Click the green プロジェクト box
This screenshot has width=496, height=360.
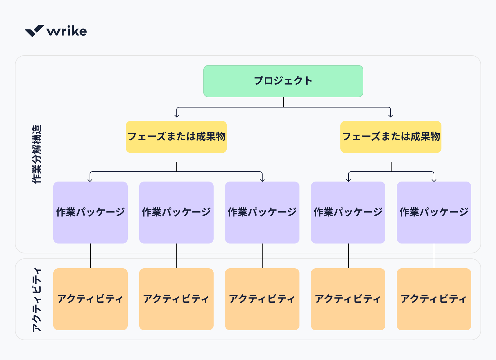283,81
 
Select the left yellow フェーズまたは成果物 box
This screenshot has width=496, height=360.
176,137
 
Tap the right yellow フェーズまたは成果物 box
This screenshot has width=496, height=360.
391,137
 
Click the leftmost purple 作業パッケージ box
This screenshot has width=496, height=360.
90,212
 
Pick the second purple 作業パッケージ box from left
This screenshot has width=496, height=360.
176,212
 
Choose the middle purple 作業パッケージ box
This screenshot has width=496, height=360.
262,212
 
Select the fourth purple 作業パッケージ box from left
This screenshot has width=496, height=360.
348,212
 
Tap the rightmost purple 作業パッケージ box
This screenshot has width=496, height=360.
434,212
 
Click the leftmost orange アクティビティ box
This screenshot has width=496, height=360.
90,299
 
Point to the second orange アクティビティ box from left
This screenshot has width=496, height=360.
176,299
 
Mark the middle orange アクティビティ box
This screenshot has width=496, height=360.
262,299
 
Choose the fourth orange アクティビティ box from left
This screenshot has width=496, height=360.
348,299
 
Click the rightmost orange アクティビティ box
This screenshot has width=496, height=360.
434,299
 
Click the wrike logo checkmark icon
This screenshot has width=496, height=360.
34,31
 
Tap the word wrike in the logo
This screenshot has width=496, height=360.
67,31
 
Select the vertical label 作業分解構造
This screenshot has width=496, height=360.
37,154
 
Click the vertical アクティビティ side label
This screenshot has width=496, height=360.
37,300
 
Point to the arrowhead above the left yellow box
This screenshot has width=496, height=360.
177,116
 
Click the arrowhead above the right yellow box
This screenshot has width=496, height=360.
391,116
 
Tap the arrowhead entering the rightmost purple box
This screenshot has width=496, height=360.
434,180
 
